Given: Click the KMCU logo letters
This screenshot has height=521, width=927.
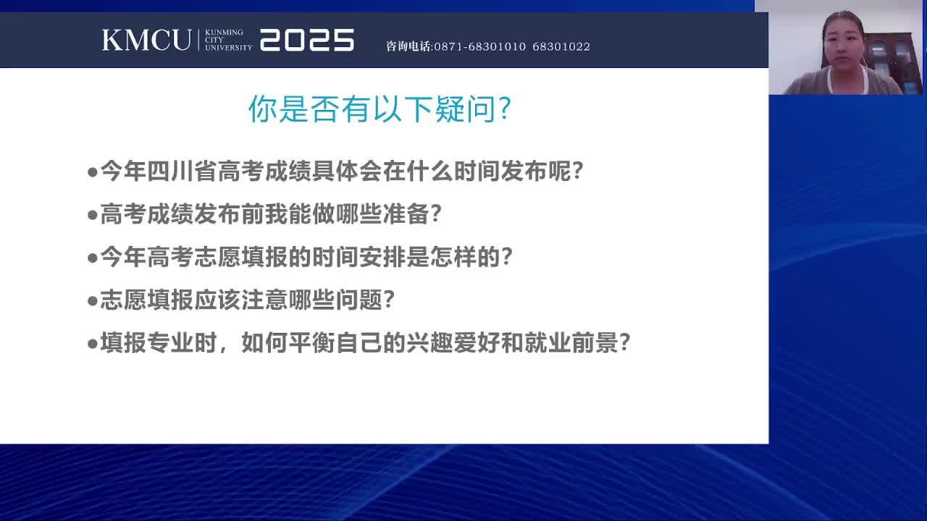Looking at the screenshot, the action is (x=146, y=40).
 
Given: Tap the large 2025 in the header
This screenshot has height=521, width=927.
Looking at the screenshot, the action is (x=307, y=40).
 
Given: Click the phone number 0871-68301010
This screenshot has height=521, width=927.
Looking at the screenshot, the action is (x=480, y=46).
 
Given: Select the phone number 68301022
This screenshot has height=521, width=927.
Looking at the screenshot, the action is (x=561, y=46).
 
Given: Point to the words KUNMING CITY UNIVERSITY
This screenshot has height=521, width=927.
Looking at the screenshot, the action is (x=228, y=40).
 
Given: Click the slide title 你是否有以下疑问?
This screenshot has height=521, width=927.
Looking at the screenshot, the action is (x=380, y=109).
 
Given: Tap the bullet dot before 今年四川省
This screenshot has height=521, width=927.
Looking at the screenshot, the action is (x=92, y=172).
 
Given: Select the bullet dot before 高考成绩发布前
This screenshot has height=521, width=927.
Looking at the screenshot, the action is (x=92, y=215).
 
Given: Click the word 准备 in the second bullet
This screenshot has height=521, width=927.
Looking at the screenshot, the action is (x=406, y=213).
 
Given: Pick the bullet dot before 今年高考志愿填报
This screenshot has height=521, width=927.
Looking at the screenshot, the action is (x=92, y=258).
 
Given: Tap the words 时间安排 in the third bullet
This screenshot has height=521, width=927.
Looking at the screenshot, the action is (x=358, y=257).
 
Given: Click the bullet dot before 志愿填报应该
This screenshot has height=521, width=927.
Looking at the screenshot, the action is (x=92, y=301).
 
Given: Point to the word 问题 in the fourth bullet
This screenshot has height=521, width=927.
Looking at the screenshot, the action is (x=358, y=300).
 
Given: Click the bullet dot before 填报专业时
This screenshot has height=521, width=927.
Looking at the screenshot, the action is (x=92, y=344).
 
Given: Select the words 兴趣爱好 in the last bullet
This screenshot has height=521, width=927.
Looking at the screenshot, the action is (x=453, y=343).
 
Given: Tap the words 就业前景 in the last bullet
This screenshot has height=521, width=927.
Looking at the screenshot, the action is (x=571, y=343).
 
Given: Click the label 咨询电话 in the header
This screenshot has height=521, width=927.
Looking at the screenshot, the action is (x=408, y=46).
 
